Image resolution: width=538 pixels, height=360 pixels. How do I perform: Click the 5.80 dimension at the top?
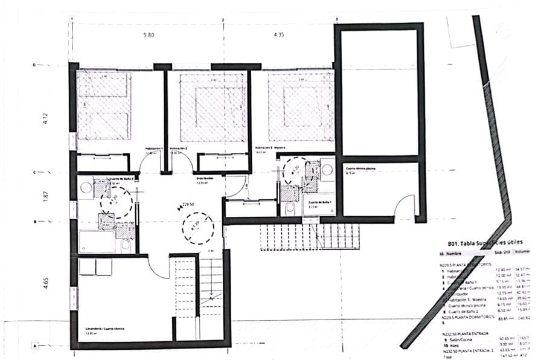pyautogui.click(x=149, y=35)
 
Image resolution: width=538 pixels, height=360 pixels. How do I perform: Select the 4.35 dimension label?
pyautogui.click(x=278, y=35)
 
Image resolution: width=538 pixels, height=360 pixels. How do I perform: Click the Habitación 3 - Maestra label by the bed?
pyautogui.click(x=270, y=148)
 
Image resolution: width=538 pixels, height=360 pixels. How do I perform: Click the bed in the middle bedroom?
pyautogui.click(x=212, y=107)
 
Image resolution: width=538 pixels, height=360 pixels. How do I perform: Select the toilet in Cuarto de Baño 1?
pyautogui.click(x=290, y=208)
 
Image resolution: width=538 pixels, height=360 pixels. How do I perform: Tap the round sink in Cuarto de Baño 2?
pyautogui.click(x=87, y=188)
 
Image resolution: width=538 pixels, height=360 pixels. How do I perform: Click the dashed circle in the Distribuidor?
pyautogui.click(x=197, y=228)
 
